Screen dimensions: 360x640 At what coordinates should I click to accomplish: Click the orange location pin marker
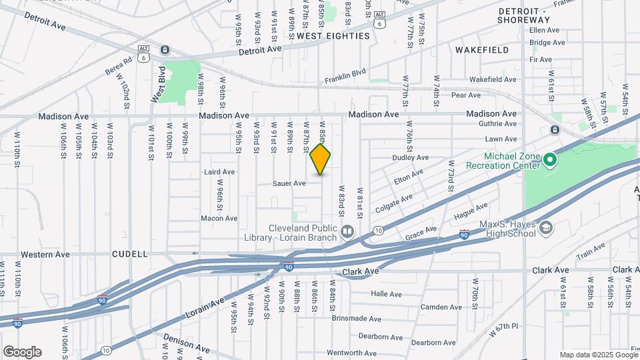click(x=321, y=159)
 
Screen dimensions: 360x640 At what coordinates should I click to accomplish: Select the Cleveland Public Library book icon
click(x=347, y=232)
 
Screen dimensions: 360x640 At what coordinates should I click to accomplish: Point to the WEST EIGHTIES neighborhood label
click(x=333, y=36)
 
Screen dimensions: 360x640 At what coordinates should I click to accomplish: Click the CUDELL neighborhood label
click(x=130, y=254)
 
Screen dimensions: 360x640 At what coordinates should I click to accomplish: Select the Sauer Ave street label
click(x=289, y=183)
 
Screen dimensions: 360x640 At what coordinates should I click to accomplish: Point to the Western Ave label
click(x=45, y=254)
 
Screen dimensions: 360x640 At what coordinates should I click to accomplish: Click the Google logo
click(x=22, y=351)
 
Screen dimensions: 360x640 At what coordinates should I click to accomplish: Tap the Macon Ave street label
click(x=219, y=218)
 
